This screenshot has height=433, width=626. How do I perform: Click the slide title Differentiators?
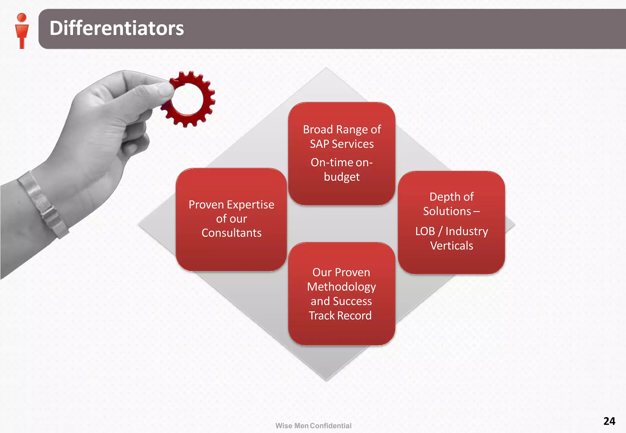[x=116, y=28]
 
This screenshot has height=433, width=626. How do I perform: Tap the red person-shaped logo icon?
[x=22, y=31]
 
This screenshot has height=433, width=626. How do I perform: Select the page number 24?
[x=609, y=421]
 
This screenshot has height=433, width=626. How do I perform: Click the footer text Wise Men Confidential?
[x=313, y=426]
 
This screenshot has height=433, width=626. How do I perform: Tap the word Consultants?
[x=231, y=233]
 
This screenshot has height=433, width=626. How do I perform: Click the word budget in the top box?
[x=341, y=177]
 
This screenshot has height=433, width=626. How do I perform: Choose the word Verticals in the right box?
[x=451, y=246]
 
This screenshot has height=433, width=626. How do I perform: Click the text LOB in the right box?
[x=425, y=231]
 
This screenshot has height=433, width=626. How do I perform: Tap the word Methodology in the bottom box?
[x=341, y=287]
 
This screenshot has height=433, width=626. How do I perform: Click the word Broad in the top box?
[x=318, y=129]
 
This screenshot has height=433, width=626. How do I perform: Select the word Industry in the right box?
[x=466, y=231]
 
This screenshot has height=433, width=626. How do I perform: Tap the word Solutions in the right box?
[x=447, y=211]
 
